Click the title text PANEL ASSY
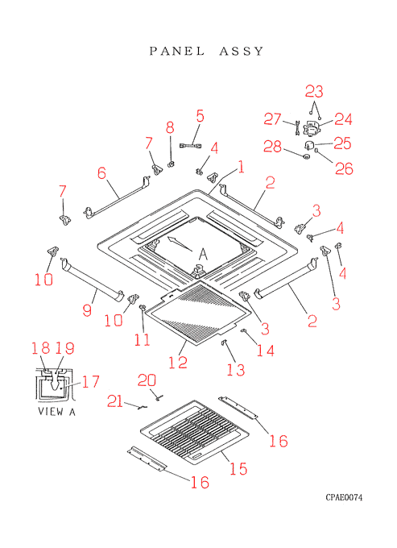[206, 52]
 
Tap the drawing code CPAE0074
[344, 497]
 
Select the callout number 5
[200, 116]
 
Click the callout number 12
[178, 362]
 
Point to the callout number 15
[238, 469]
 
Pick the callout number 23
[314, 92]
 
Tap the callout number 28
[272, 146]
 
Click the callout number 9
[87, 310]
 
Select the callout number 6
[101, 173]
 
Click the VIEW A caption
[56, 412]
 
